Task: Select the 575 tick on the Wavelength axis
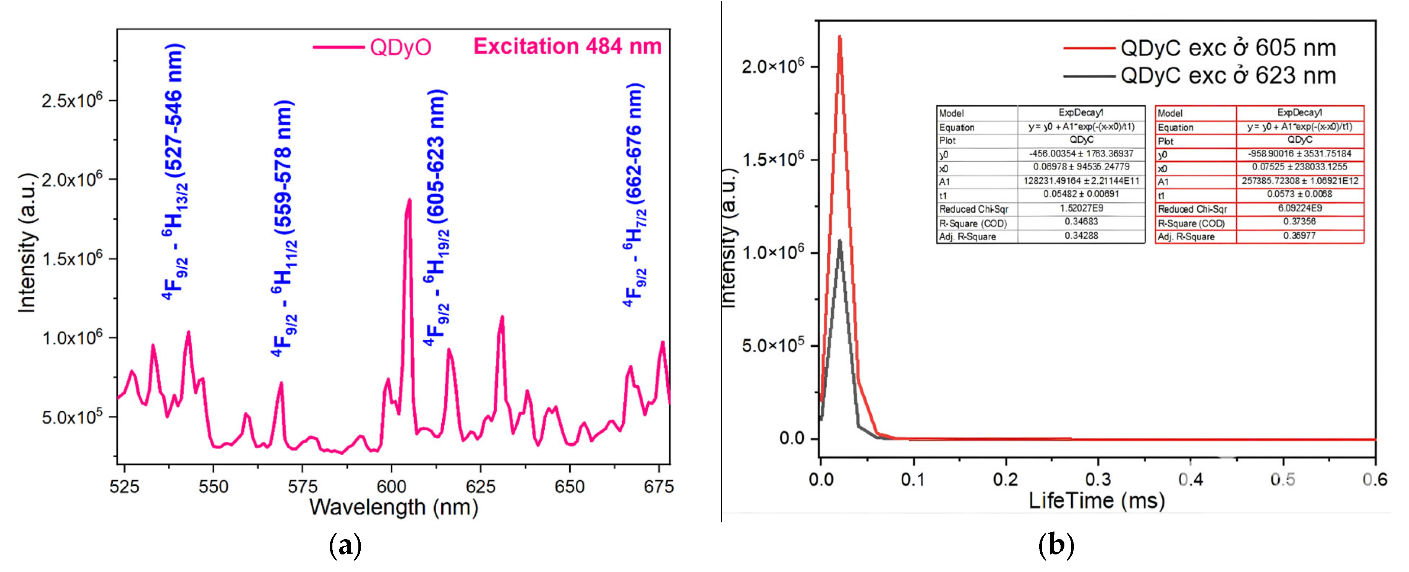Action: tap(303, 486)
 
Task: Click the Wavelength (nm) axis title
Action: tap(394, 507)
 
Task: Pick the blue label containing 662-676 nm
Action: tap(635, 194)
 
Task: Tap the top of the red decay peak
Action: tap(840, 37)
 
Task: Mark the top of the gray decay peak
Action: tap(840, 241)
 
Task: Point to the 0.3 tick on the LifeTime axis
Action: tap(1097, 480)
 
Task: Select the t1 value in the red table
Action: tap(1300, 194)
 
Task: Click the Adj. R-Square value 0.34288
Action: tap(1081, 236)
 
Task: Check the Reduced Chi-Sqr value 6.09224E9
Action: tap(1300, 208)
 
